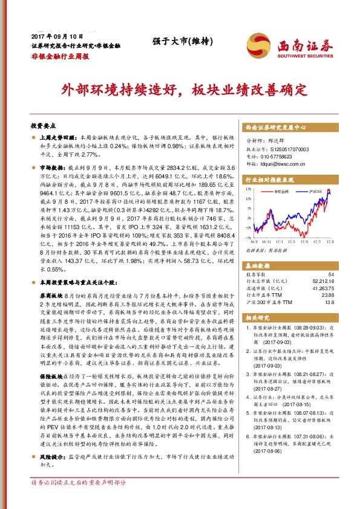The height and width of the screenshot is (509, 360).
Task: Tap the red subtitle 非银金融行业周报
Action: [60, 55]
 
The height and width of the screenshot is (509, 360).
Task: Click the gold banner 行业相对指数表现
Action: [269, 180]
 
